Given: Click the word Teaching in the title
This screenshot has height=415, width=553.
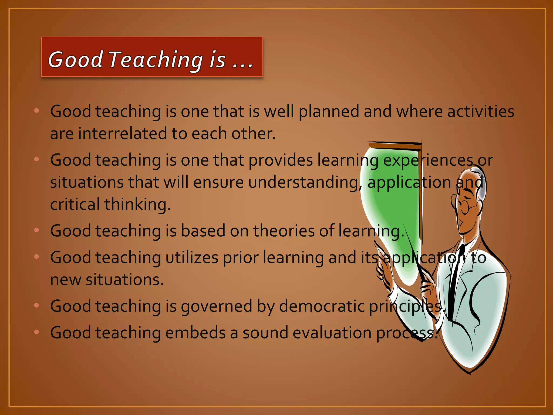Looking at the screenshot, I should coord(156,60).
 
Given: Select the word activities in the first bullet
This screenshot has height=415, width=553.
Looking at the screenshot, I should coord(481,111).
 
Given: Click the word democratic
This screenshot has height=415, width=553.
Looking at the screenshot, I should coord(322,306).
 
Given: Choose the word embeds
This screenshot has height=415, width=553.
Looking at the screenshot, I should coord(195,333).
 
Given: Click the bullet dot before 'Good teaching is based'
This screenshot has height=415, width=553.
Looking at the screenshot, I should coord(37,230).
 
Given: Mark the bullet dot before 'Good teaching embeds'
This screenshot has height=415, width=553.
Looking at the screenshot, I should coord(37,332).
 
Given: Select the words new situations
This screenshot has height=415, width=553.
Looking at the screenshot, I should coord(107,280).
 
